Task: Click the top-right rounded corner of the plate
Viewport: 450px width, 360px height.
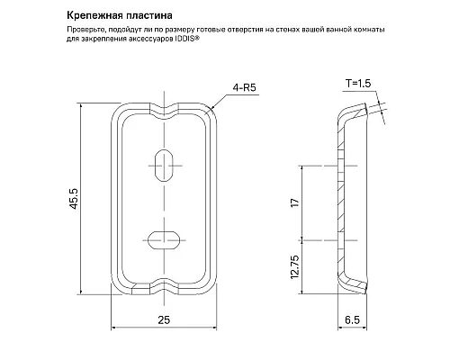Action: click(x=211, y=113)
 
